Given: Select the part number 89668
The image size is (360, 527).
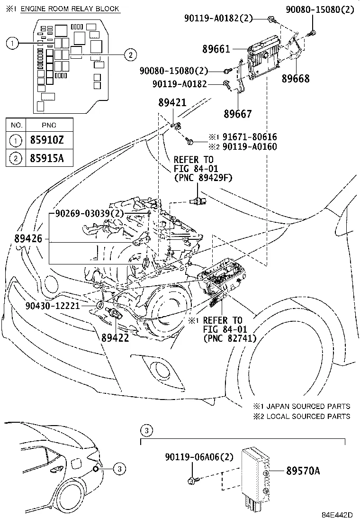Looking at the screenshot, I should [x=296, y=79].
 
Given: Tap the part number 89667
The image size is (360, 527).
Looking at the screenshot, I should [x=238, y=114].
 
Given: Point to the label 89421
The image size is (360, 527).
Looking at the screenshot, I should [x=172, y=103].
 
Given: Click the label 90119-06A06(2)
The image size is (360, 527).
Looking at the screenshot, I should [x=199, y=457].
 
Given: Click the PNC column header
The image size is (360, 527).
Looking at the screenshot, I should [x=49, y=125].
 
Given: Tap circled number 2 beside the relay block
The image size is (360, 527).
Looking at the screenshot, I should [x=128, y=55].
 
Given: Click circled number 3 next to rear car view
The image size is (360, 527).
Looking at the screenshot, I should [x=120, y=469].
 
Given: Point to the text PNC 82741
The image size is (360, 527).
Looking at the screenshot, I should [x=230, y=338].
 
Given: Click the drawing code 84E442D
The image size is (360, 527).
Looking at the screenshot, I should [x=338, y=515].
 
